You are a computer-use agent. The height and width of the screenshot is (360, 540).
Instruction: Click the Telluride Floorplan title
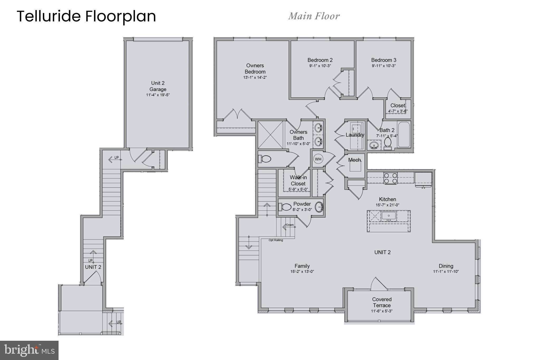click(x=86, y=16)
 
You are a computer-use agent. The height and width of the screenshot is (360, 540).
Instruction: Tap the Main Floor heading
click(x=314, y=16)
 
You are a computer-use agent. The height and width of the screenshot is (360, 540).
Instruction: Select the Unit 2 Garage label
click(x=158, y=86)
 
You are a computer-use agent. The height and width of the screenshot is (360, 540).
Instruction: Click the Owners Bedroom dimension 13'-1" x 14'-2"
click(x=255, y=78)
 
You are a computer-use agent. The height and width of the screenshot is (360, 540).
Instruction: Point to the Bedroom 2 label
click(x=320, y=60)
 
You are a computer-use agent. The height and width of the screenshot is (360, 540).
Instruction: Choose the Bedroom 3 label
click(x=384, y=60)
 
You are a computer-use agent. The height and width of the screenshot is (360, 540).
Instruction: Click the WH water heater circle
click(x=318, y=159)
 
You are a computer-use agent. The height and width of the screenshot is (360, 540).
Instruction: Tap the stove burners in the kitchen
click(x=390, y=178)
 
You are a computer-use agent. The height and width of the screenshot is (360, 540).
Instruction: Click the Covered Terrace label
click(x=382, y=302)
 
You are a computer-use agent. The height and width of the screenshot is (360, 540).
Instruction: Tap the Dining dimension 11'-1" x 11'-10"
click(x=446, y=272)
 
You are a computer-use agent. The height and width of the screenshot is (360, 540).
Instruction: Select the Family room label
click(x=302, y=266)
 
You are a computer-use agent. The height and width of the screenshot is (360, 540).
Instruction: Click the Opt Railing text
click(x=276, y=240)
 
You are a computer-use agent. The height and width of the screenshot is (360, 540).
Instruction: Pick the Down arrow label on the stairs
click(x=290, y=225)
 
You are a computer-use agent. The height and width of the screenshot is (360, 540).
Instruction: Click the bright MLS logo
click(x=29, y=350)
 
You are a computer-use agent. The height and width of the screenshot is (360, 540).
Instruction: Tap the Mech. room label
click(x=354, y=160)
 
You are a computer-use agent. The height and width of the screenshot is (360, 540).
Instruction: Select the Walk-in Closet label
click(x=298, y=180)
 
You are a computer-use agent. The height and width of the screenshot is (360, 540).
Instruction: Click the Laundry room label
click(x=355, y=135)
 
